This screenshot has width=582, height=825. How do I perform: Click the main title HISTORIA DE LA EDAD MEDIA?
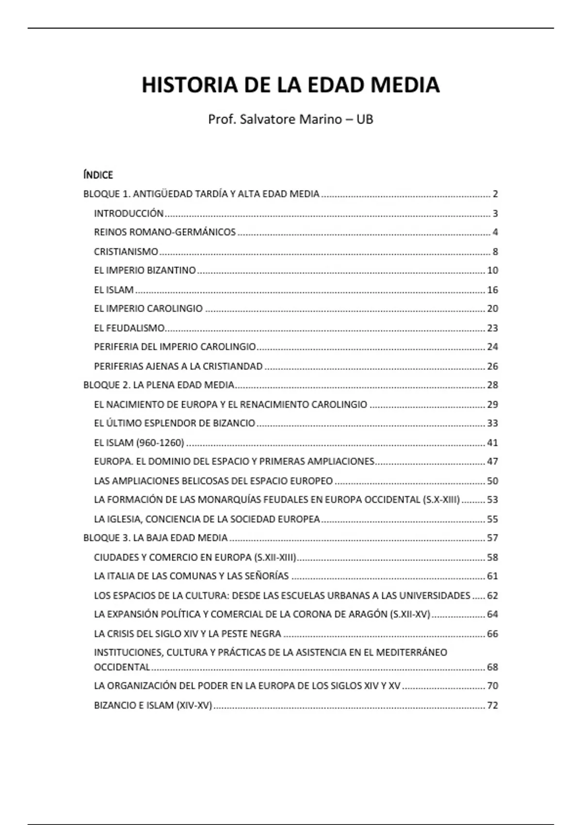[291, 85]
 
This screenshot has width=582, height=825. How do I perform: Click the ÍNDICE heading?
[98, 175]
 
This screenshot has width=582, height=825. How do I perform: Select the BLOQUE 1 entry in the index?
[201, 194]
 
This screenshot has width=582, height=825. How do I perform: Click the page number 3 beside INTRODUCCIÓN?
[495, 214]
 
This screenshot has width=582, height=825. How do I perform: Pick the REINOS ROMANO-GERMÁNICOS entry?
[165, 232]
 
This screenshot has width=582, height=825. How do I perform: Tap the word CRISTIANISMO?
[126, 252]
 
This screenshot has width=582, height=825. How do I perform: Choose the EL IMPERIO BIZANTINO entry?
[145, 270]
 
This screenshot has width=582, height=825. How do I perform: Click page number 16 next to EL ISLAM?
[492, 290]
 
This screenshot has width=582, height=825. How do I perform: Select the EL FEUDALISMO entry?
[129, 328]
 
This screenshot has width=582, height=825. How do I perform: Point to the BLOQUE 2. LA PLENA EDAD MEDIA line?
[159, 385]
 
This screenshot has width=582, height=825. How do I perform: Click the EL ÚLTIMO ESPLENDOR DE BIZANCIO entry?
[175, 423]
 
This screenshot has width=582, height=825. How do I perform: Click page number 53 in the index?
[492, 500]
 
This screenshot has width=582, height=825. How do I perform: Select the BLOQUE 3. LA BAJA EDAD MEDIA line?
[156, 538]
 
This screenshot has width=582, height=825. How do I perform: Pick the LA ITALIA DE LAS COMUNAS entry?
[191, 576]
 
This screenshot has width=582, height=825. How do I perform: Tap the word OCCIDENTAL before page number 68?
[122, 667]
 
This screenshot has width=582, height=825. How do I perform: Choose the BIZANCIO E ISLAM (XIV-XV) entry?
[153, 706]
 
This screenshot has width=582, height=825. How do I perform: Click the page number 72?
[492, 706]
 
